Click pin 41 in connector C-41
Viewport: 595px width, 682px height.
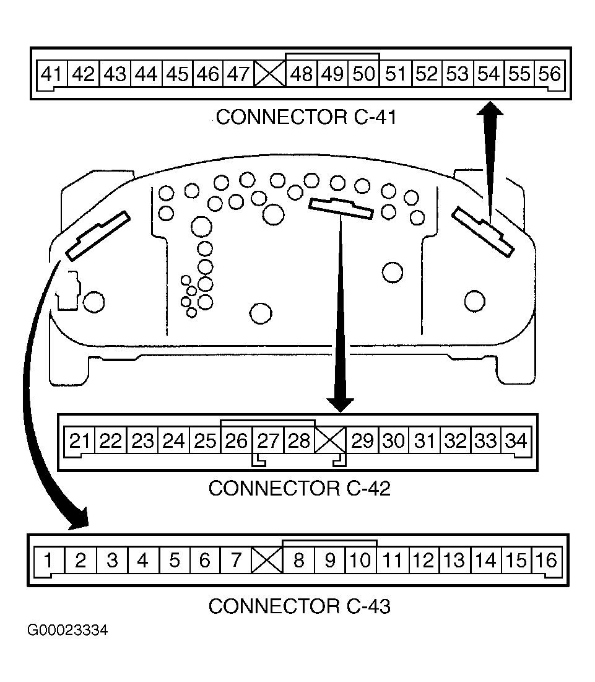pyautogui.click(x=51, y=74)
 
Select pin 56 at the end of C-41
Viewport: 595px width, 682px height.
pyautogui.click(x=549, y=74)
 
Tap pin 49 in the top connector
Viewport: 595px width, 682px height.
pyautogui.click(x=332, y=74)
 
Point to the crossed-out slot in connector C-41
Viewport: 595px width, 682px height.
pyautogui.click(x=269, y=75)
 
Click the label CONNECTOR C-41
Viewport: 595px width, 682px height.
pyautogui.click(x=305, y=117)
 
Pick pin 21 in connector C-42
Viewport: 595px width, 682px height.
pyautogui.click(x=80, y=441)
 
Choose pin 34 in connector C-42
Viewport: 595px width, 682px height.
pyautogui.click(x=516, y=441)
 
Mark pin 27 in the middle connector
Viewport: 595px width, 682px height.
pyautogui.click(x=268, y=441)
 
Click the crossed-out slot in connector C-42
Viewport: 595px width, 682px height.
pyautogui.click(x=331, y=442)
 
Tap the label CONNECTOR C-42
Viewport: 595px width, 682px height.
pyautogui.click(x=299, y=489)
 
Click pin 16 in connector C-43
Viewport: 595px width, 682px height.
pyautogui.click(x=547, y=561)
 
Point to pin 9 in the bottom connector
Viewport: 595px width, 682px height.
pyautogui.click(x=330, y=561)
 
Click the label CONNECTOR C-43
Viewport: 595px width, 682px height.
pyautogui.click(x=299, y=606)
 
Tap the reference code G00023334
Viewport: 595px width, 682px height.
pyautogui.click(x=67, y=631)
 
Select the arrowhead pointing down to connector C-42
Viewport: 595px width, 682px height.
pyautogui.click(x=340, y=403)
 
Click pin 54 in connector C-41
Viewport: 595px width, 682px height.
pyautogui.click(x=488, y=74)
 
